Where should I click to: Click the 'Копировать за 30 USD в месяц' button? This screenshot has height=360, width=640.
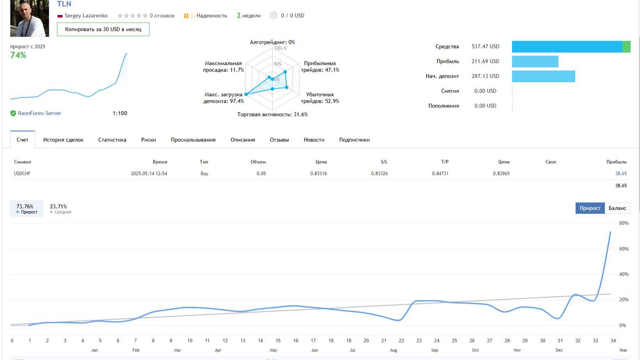[103, 29]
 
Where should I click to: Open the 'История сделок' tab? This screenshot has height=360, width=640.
[63, 140]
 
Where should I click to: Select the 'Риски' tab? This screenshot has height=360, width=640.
[148, 140]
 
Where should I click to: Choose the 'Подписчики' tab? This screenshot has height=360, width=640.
[354, 140]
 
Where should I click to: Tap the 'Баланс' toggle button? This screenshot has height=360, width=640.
[617, 208]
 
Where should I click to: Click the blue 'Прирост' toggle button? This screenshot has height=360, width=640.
[590, 208]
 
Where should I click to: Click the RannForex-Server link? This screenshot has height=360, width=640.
[39, 113]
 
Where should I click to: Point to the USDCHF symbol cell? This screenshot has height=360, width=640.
[22, 173]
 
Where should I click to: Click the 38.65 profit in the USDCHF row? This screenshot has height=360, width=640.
[620, 173]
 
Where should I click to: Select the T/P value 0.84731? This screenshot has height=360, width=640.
[440, 173]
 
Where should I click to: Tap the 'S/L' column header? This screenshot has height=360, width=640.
[384, 162]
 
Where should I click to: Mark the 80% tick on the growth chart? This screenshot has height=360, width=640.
[624, 223]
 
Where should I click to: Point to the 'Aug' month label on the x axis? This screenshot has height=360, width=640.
[393, 350]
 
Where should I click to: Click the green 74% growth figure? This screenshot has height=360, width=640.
[18, 55]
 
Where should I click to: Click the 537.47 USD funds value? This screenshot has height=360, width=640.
[485, 46]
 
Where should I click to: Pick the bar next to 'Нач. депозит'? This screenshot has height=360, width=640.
[543, 76]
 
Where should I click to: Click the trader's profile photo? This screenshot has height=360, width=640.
[30, 18]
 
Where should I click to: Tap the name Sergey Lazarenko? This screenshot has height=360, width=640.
[86, 16]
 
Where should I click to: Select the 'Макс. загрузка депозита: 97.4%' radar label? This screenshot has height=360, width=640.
[223, 98]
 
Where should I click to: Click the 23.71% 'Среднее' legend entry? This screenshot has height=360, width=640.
[60, 209]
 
